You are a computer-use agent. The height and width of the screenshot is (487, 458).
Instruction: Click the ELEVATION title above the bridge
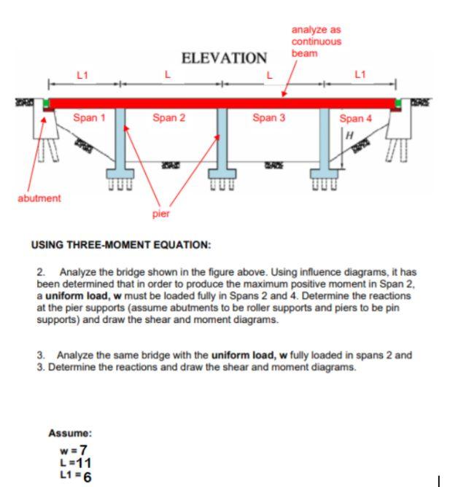point(224,58)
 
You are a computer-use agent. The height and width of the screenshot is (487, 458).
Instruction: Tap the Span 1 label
point(89,117)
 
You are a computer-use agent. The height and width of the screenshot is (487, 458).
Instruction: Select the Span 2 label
point(168,117)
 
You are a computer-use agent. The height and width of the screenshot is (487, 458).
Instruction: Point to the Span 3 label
point(268,117)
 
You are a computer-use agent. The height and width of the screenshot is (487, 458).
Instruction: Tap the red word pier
point(160,214)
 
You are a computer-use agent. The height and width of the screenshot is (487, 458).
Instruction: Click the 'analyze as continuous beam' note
point(316,41)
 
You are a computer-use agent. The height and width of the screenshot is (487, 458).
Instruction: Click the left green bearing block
point(45,104)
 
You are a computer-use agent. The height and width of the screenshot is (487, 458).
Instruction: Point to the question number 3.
point(40,355)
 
